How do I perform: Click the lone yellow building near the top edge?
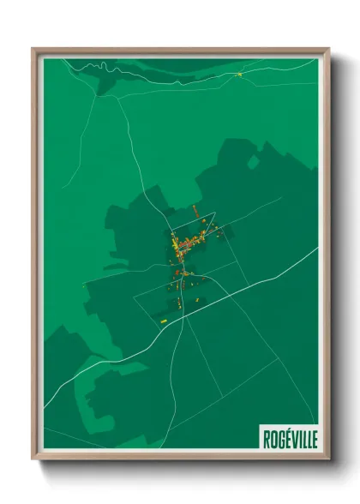point(239,74)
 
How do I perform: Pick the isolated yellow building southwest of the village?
point(163,321)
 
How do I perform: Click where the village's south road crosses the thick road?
point(182,314)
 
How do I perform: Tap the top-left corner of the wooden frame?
point(33,49)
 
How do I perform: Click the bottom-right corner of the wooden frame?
point(328,459)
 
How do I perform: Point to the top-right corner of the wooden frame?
point(328,49)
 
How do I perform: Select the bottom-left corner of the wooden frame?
point(33,459)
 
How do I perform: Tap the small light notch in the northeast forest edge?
point(252,162)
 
